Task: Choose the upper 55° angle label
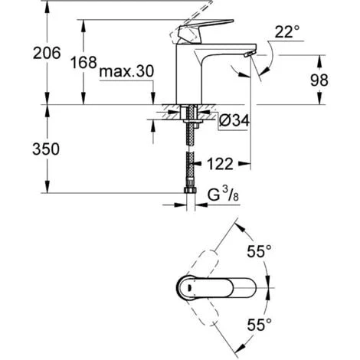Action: pyautogui.click(x=260, y=250)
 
